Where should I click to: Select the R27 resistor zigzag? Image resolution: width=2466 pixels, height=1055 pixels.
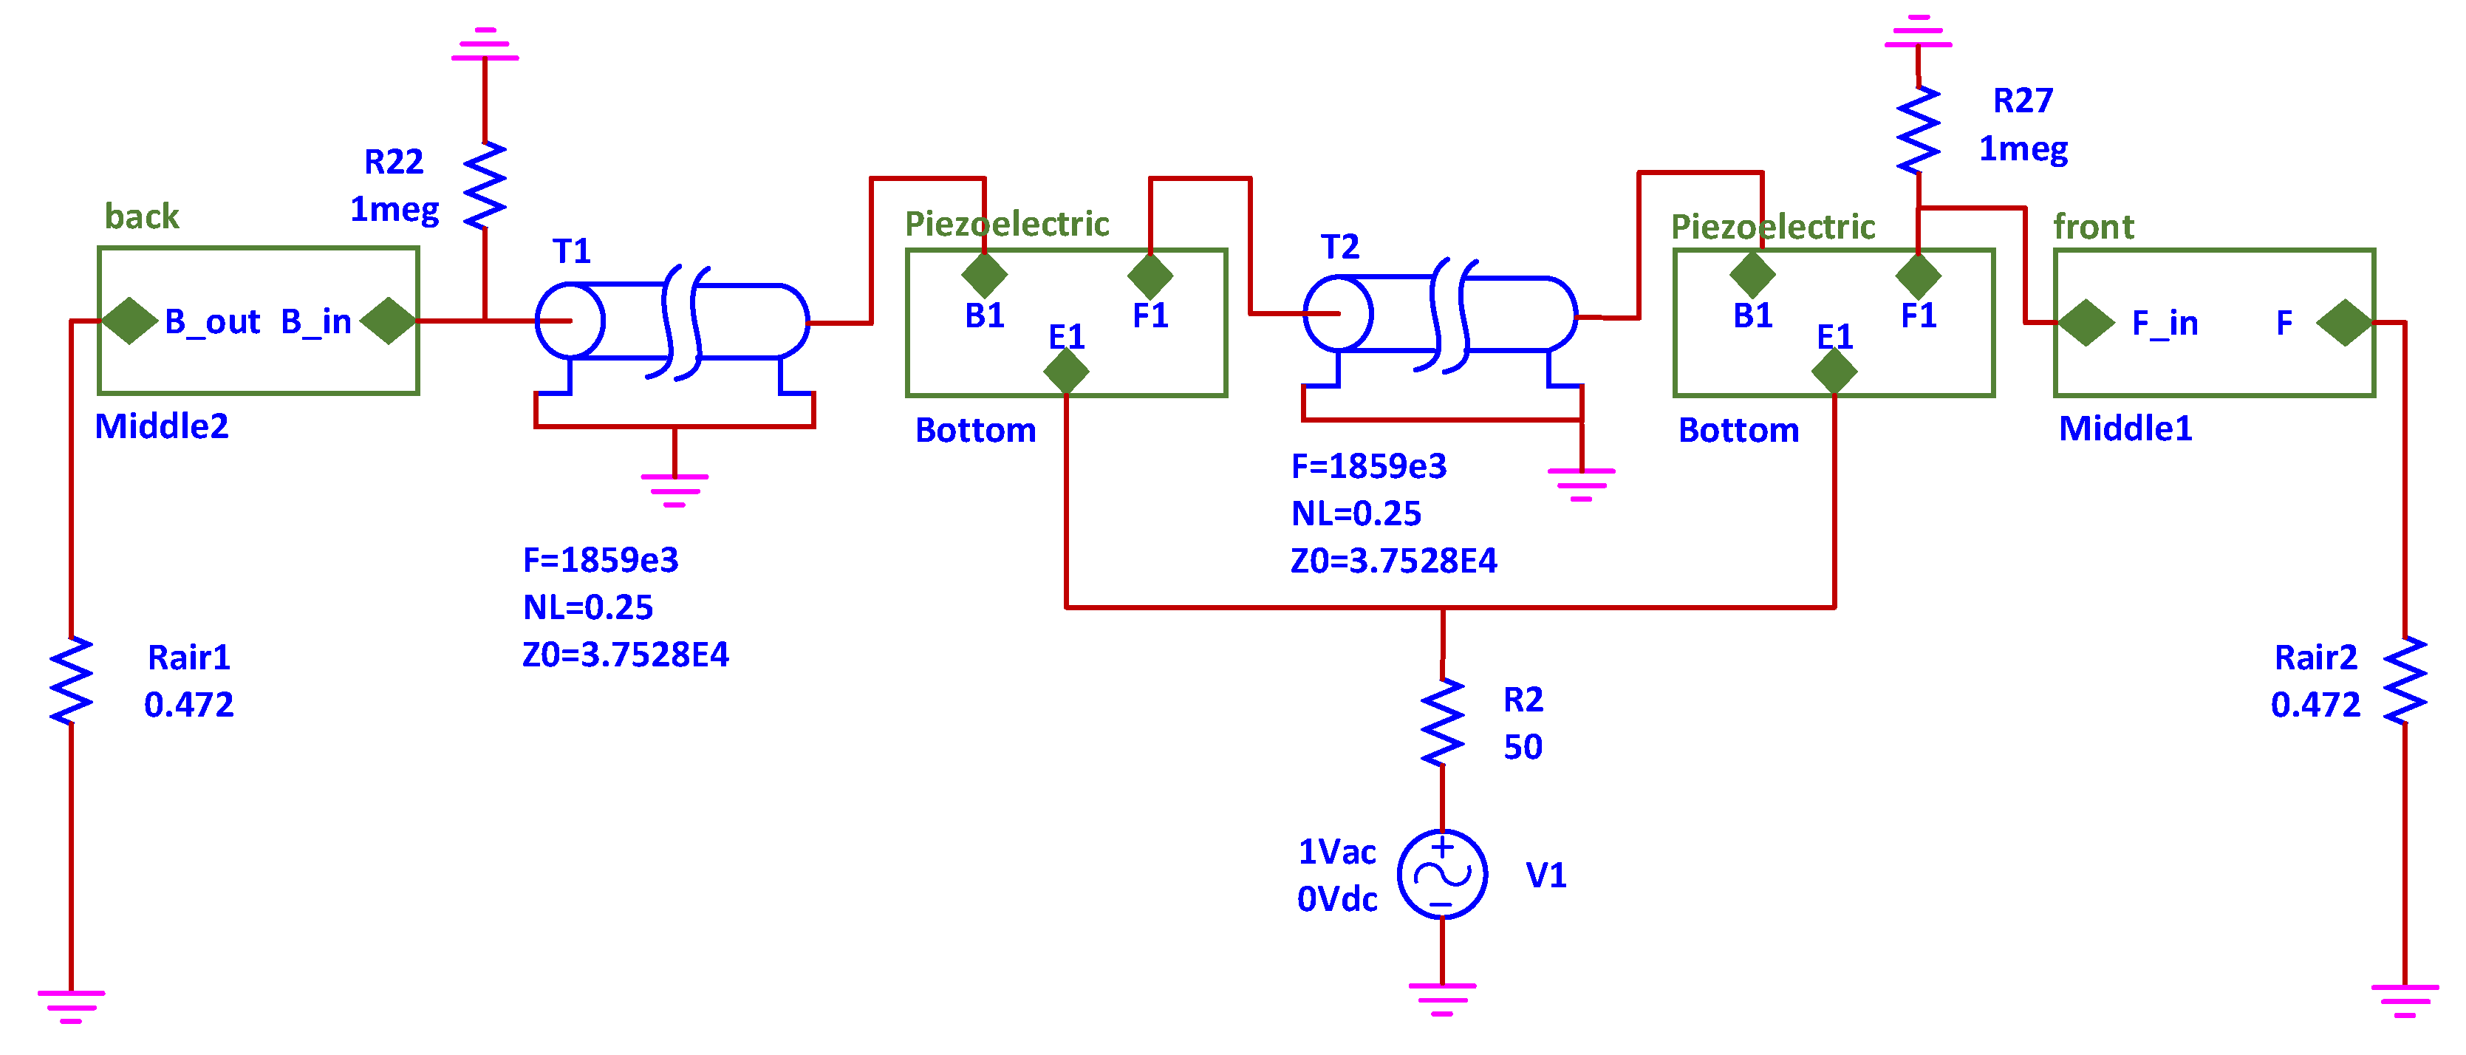(x=1918, y=130)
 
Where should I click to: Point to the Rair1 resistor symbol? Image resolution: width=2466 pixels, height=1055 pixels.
(x=71, y=680)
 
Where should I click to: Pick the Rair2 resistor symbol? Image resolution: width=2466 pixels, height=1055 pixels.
(x=2404, y=680)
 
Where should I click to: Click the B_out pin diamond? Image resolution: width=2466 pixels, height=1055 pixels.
(x=129, y=321)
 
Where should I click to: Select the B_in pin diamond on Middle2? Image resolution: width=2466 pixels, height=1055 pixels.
(x=389, y=321)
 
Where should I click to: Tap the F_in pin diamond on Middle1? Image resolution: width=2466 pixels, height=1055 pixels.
(x=2086, y=323)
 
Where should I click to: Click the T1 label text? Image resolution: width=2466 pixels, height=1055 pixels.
(x=572, y=252)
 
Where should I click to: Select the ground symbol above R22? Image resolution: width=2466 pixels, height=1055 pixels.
(x=485, y=45)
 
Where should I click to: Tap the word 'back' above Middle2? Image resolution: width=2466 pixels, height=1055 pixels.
(x=142, y=216)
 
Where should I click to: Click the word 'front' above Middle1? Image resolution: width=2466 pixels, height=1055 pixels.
(x=2093, y=227)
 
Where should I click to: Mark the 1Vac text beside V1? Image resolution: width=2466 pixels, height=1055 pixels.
(x=1336, y=851)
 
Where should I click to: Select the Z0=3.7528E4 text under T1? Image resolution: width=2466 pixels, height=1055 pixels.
(x=624, y=655)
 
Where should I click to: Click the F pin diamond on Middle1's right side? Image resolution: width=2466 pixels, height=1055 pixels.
(x=2343, y=323)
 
